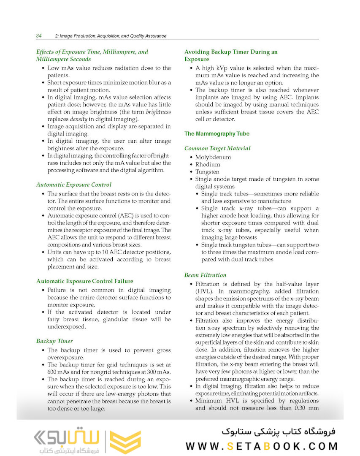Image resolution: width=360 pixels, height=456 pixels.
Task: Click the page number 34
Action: [38, 36]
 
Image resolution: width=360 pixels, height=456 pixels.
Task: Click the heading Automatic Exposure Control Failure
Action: [84, 281]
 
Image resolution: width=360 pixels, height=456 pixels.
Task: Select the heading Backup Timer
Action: [54, 341]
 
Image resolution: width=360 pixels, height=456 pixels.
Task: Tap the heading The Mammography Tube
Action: [217, 134]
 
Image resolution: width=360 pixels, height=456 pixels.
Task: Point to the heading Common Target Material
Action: [217, 149]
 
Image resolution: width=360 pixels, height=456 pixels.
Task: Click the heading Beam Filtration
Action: [205, 275]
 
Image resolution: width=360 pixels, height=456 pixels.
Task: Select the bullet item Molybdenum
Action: [213, 157]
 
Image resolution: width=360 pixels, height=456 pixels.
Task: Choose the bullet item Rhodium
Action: [207, 165]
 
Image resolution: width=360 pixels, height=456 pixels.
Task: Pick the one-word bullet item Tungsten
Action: [207, 172]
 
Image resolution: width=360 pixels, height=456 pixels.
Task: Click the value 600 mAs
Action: [59, 372]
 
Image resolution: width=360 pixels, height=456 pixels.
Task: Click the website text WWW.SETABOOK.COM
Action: [262, 446]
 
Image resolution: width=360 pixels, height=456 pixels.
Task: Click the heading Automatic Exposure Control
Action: [74, 185]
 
